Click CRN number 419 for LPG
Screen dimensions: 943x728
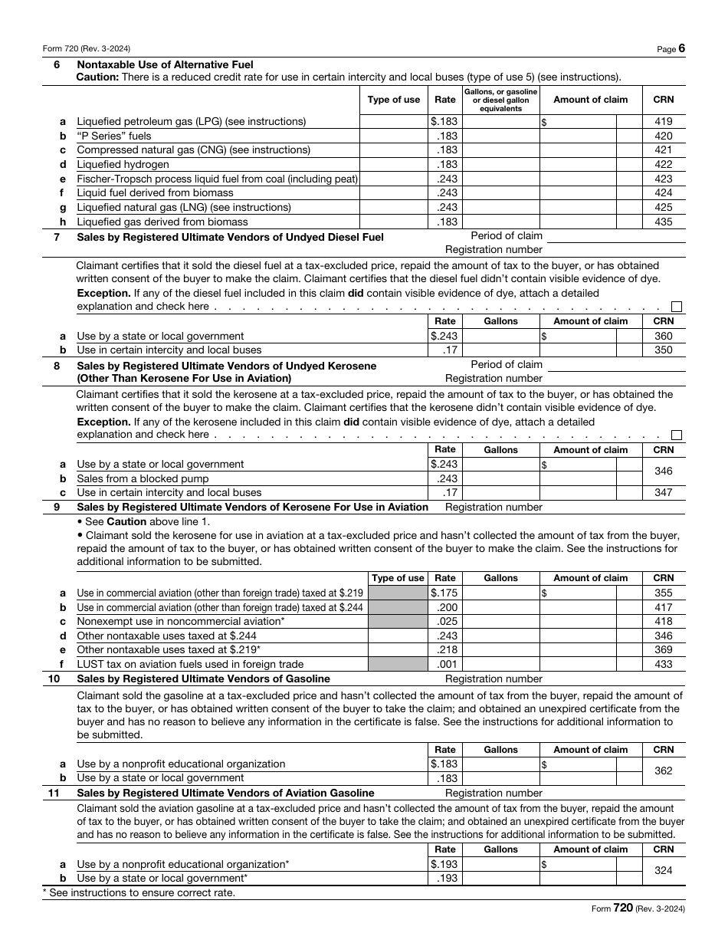(x=663, y=121)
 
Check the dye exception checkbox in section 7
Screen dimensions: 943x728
(x=676, y=307)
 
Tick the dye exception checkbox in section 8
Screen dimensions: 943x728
(x=676, y=435)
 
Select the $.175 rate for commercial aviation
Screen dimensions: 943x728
(x=444, y=593)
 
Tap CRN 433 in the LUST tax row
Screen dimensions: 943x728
(x=663, y=664)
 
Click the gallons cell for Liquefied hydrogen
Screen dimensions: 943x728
(x=500, y=164)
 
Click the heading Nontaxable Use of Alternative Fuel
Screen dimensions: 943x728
(x=165, y=65)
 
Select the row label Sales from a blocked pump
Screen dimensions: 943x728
(x=139, y=478)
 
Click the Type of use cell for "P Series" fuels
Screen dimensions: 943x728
(x=394, y=136)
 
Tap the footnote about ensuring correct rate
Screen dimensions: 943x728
(x=139, y=892)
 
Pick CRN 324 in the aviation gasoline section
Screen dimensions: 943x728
(x=663, y=871)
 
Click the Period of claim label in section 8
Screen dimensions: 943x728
(x=506, y=364)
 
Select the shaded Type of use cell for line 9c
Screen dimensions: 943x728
(x=398, y=621)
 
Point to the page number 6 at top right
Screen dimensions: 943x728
(x=681, y=48)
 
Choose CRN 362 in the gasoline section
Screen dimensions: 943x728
(x=663, y=770)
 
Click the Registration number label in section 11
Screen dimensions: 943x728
(x=494, y=793)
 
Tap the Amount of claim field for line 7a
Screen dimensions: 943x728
(x=579, y=336)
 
